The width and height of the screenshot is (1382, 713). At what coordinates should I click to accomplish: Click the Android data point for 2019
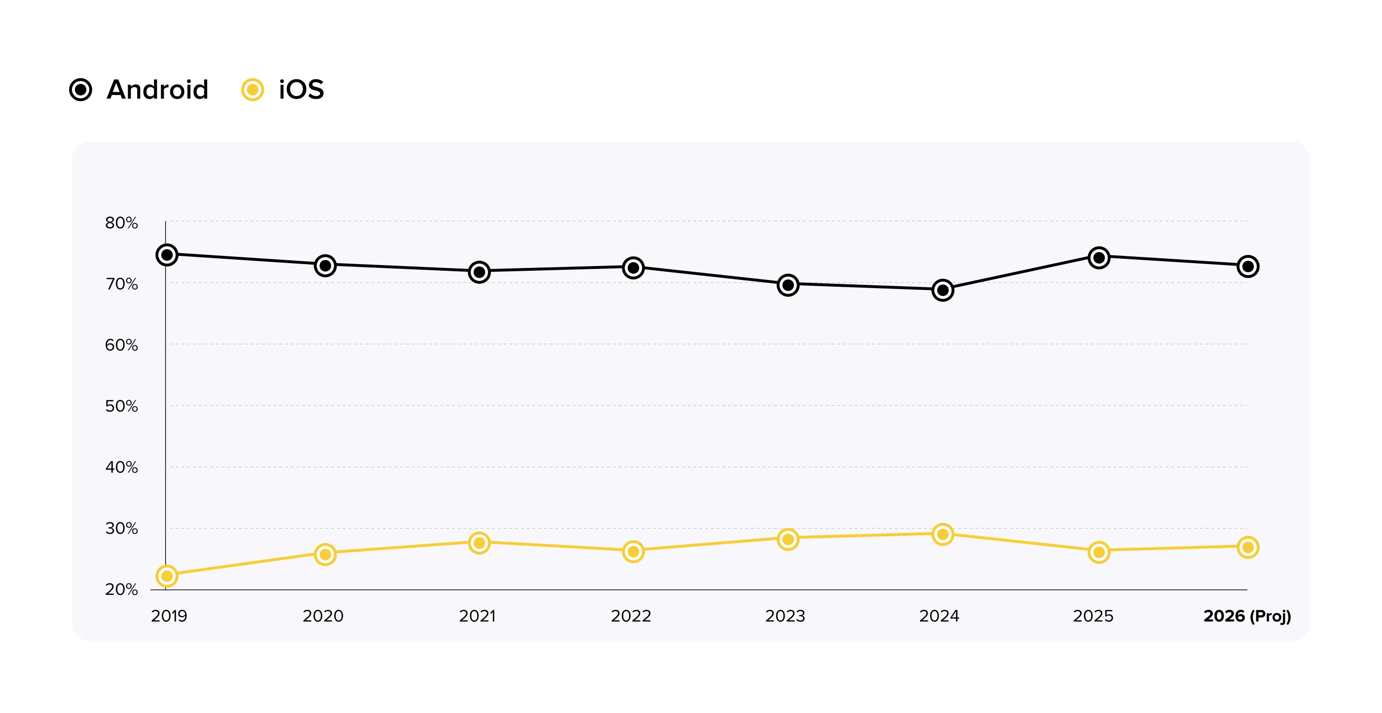pyautogui.click(x=167, y=254)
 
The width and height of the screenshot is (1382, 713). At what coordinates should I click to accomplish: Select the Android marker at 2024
pyautogui.click(x=942, y=290)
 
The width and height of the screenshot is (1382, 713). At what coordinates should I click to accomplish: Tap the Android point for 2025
pyautogui.click(x=1099, y=258)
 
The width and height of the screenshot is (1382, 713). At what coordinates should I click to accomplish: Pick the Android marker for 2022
pyautogui.click(x=633, y=267)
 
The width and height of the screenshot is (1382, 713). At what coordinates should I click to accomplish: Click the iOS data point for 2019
pyautogui.click(x=167, y=576)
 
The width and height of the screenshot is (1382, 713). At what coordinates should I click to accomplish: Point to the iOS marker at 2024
pyautogui.click(x=942, y=534)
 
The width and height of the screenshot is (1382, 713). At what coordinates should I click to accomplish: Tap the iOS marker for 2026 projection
pyautogui.click(x=1248, y=547)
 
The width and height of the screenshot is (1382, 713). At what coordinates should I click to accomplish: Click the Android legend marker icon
pyautogui.click(x=81, y=90)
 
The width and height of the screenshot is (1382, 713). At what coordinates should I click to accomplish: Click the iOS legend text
pyautogui.click(x=301, y=90)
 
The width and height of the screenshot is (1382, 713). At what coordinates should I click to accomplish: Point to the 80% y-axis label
pyautogui.click(x=121, y=223)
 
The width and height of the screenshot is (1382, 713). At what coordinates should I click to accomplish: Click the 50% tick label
pyautogui.click(x=121, y=406)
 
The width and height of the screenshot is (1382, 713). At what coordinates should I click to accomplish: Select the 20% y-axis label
pyautogui.click(x=121, y=590)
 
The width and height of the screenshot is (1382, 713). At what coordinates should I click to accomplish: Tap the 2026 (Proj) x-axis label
pyautogui.click(x=1247, y=616)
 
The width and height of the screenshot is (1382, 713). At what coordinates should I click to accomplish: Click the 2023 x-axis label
pyautogui.click(x=785, y=616)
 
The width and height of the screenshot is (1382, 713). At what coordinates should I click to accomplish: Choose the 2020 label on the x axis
pyautogui.click(x=323, y=616)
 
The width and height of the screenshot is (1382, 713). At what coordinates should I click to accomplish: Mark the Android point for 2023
pyautogui.click(x=788, y=285)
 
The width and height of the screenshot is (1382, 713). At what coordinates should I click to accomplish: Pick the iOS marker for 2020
pyautogui.click(x=325, y=554)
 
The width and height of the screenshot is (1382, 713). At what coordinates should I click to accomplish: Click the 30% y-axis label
pyautogui.click(x=121, y=529)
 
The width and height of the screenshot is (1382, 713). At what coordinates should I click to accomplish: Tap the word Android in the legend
pyautogui.click(x=157, y=90)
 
